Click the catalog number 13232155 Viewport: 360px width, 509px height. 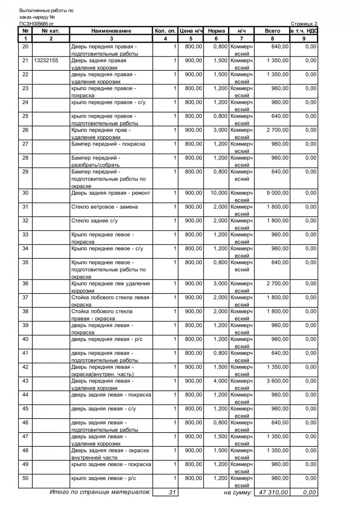46,61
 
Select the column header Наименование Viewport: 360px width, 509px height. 111,31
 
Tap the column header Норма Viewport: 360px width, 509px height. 216,31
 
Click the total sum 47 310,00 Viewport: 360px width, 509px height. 272,492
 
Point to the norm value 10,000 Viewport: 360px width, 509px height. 219,193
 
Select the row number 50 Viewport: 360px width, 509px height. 25,478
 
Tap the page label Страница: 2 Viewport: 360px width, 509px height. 304,24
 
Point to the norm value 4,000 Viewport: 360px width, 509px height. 220,381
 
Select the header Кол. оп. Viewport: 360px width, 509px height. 165,31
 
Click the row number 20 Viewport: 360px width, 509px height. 25,46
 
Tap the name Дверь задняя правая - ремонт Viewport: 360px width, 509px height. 110,193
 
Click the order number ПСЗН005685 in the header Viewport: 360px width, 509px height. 34,24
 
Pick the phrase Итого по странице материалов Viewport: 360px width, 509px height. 100,492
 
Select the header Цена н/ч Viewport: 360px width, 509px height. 191,31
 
